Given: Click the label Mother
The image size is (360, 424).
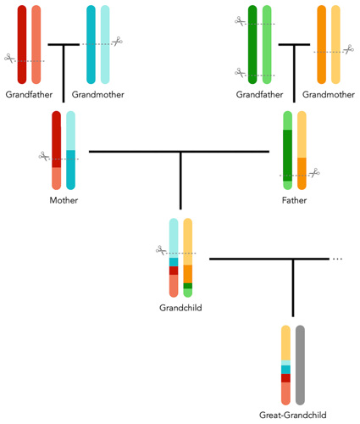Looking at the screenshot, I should (x=64, y=200).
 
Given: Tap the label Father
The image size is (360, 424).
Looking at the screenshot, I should (x=295, y=200).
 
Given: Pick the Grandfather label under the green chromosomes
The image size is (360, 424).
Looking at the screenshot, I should (x=260, y=94).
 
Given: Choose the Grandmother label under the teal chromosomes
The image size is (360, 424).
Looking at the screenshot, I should (x=98, y=94).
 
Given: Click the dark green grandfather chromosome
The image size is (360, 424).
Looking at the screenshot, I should (x=252, y=42).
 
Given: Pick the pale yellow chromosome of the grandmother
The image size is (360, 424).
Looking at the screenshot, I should (x=335, y=42).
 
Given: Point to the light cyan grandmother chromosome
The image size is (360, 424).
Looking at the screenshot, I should (x=105, y=42).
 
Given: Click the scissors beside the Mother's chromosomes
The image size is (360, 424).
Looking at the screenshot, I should (x=43, y=155).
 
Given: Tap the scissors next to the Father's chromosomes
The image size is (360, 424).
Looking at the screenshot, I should (x=313, y=173).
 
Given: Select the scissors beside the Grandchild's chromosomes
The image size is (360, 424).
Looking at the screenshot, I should (x=160, y=249).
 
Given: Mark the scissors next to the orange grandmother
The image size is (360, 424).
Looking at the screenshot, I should (x=348, y=49).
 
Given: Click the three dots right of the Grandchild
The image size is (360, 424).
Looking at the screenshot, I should (x=337, y=259).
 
